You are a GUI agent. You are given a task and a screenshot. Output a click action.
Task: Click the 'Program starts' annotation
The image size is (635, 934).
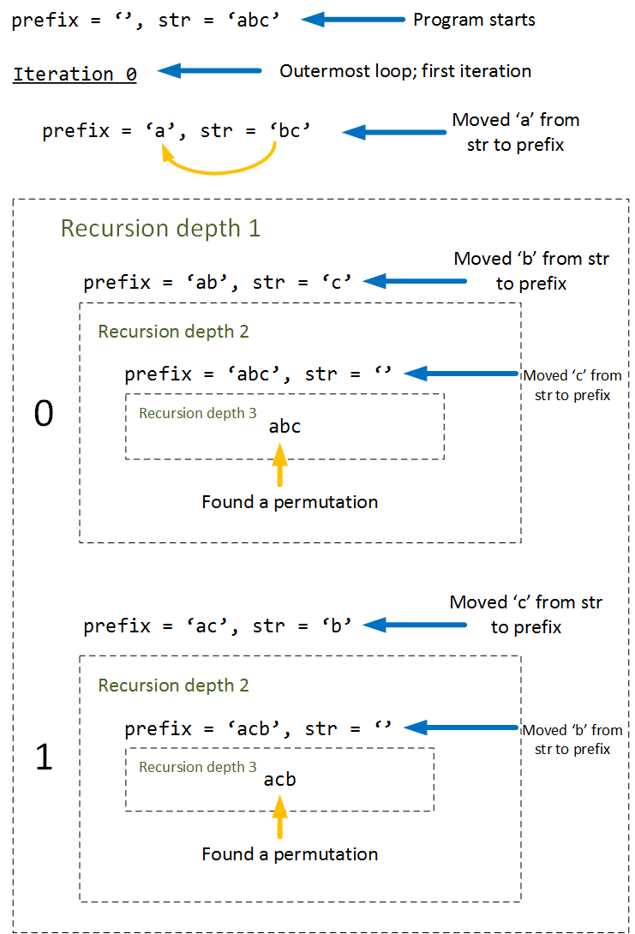474,20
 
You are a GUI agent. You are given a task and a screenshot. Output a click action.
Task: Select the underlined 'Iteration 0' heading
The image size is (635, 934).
75,74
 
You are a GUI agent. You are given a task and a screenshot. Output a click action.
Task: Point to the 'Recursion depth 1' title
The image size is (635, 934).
160,229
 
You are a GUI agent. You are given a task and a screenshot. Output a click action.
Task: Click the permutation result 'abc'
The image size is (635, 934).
285,426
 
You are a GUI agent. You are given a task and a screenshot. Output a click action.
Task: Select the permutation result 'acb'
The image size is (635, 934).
280,780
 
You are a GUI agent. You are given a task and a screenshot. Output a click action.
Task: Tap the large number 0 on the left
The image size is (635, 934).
43,414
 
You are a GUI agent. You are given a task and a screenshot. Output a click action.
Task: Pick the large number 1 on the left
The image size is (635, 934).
43,757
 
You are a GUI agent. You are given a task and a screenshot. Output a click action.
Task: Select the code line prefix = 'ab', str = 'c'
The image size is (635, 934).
218,282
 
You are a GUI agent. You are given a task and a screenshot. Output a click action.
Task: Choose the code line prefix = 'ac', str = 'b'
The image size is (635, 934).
218,626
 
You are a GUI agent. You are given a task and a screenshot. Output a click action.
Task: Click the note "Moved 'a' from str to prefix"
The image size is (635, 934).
516,132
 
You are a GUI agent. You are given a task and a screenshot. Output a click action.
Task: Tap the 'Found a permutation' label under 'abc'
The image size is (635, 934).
290,501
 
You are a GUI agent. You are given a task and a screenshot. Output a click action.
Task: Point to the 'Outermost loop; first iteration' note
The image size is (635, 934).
405,71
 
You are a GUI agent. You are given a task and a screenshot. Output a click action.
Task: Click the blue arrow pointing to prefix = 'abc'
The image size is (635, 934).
460,373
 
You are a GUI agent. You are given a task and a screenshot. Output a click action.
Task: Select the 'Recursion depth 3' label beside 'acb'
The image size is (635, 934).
197,767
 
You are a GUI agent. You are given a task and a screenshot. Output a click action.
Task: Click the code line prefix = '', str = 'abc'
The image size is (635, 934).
146,20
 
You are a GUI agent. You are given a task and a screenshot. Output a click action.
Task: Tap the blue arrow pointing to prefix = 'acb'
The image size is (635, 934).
460,727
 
